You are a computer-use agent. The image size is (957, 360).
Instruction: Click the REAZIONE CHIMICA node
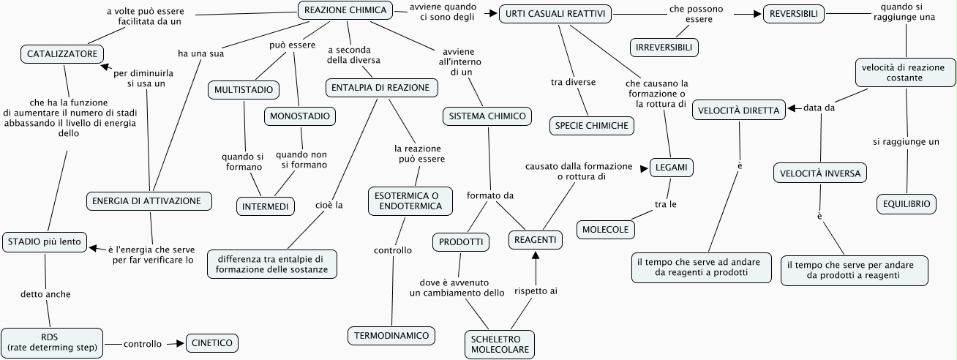click(345, 10)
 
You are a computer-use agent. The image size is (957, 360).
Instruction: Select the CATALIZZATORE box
click(62, 54)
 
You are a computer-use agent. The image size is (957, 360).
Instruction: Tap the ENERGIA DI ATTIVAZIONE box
click(149, 200)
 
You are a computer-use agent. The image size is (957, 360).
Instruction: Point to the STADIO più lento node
click(45, 241)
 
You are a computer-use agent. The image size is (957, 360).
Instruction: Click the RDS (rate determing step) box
click(51, 342)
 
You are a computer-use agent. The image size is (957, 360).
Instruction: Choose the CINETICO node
click(213, 342)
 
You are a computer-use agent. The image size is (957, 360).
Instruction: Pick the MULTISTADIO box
click(244, 90)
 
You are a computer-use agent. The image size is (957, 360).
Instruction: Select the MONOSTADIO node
click(300, 116)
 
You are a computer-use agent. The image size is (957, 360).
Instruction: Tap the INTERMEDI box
click(265, 206)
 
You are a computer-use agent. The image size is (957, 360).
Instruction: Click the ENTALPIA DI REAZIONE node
click(381, 88)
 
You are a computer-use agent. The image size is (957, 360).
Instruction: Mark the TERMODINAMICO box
click(391, 335)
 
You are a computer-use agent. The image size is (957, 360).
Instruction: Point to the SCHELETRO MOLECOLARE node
click(500, 345)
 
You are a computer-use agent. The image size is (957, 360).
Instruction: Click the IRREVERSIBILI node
click(664, 48)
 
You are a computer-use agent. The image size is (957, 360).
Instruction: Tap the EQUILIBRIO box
click(907, 204)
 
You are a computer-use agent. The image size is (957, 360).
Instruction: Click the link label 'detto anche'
click(45, 294)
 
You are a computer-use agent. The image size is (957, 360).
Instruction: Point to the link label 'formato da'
click(490, 195)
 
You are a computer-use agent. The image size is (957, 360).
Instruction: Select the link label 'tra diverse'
click(573, 82)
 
